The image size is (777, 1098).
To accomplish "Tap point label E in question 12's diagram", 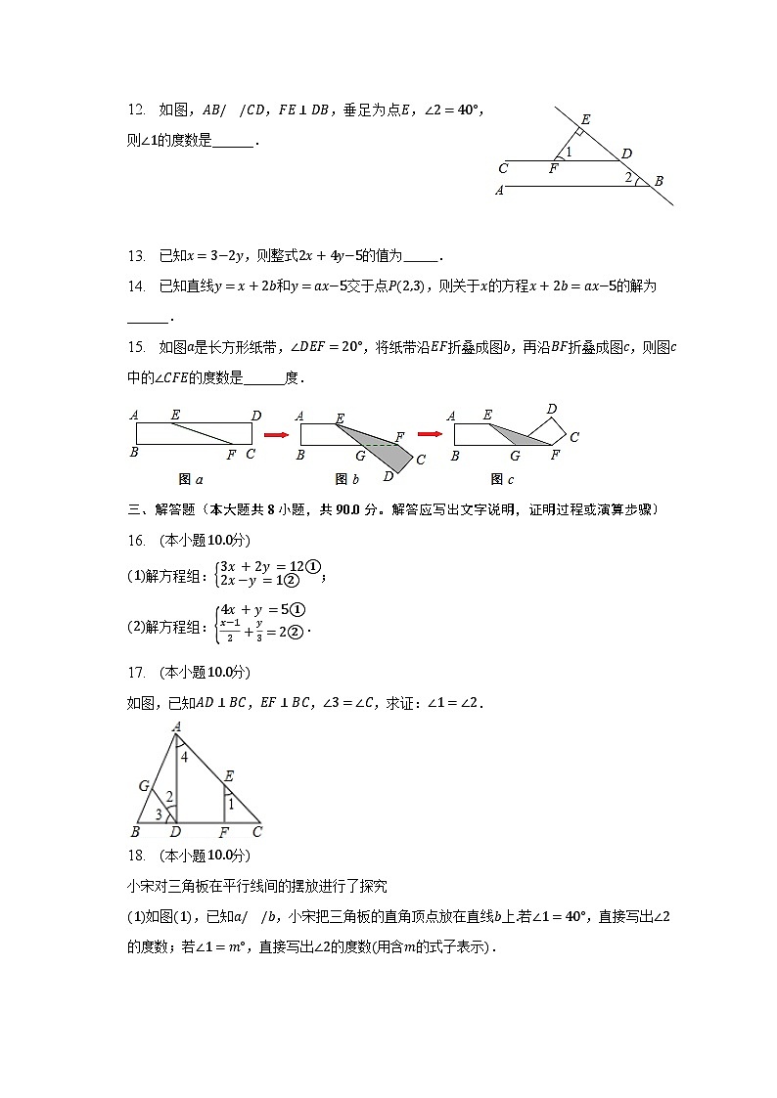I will tap(584, 119).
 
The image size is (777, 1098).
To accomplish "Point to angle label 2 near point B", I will tap(628, 177).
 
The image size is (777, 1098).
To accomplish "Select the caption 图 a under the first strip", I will tap(192, 479).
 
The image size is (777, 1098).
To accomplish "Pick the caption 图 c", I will tap(502, 479).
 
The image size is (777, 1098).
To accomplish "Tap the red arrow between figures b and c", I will tap(431, 432).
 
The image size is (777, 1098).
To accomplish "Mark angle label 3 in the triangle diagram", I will tap(159, 813).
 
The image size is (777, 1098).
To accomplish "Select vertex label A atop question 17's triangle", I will tap(176, 726).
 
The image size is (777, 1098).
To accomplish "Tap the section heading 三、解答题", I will tap(162, 508).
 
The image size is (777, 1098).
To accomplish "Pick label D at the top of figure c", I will tap(552, 409).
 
